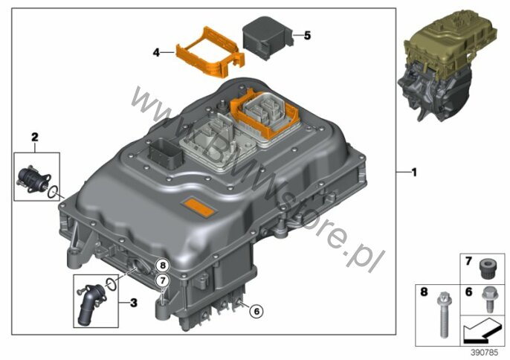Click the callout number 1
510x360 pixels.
413,172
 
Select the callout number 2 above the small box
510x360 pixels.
34,137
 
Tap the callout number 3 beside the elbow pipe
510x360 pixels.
133,303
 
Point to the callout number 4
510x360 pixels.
156,52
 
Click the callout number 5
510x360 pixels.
307,35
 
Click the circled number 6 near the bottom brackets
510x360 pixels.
256,312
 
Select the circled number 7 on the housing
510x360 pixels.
162,280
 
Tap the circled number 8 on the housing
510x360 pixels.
163,266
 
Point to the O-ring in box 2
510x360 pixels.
54,192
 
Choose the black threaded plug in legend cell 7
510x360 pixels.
487,269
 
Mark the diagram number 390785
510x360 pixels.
484,353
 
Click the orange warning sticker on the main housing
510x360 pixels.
198,207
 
